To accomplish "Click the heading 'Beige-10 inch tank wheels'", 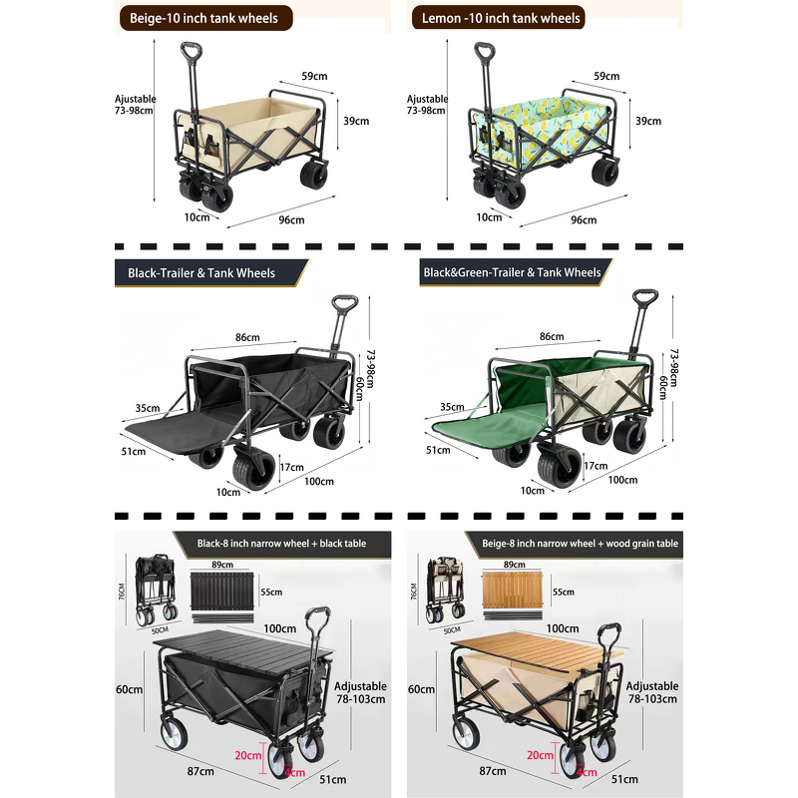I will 205,18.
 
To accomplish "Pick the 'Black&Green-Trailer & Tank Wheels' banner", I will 511,271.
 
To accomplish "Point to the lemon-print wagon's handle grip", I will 485,52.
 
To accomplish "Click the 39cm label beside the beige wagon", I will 356,121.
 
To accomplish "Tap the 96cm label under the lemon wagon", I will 584,219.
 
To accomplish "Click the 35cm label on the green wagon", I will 452,407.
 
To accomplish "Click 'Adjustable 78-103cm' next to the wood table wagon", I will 653,692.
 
